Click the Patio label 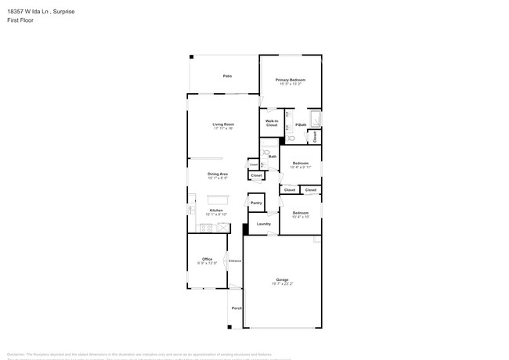pyautogui.click(x=227, y=76)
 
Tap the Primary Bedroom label pyautogui.click(x=290, y=80)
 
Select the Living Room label pyautogui.click(x=223, y=124)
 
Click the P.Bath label pyautogui.click(x=300, y=125)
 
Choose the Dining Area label pyautogui.click(x=218, y=174)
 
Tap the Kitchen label pyautogui.click(x=215, y=210)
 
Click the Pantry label pyautogui.click(x=256, y=203)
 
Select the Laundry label pyautogui.click(x=264, y=224)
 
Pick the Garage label pyautogui.click(x=282, y=279)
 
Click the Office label pyautogui.click(x=207, y=259)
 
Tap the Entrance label pyautogui.click(x=235, y=261)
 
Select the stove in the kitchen pyautogui.click(x=206, y=228)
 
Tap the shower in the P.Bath pyautogui.click(x=315, y=120)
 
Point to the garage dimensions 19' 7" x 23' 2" pyautogui.click(x=282, y=283)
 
